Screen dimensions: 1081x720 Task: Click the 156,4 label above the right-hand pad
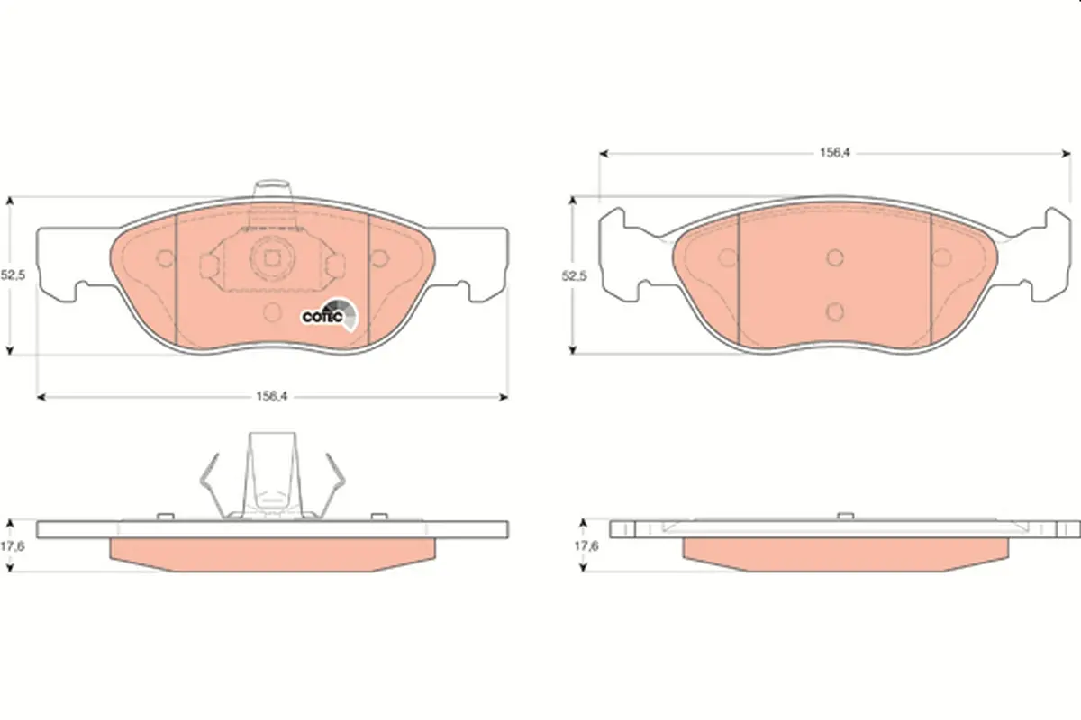click(x=834, y=153)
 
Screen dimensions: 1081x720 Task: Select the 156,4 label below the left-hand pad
click(x=272, y=396)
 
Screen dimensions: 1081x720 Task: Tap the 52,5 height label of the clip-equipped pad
click(x=13, y=275)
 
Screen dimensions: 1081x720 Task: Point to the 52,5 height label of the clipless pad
click(x=575, y=275)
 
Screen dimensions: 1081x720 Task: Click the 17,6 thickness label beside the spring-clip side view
click(x=12, y=546)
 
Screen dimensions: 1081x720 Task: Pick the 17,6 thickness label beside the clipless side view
click(x=586, y=546)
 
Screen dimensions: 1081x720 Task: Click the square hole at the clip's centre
click(x=272, y=259)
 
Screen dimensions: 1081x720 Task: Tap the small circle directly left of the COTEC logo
click(x=273, y=312)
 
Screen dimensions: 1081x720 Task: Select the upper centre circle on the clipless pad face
click(x=835, y=258)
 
